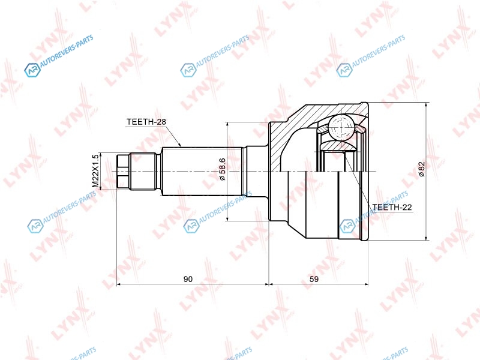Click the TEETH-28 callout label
(x=146, y=122)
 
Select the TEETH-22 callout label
(x=392, y=207)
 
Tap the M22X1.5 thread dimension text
(x=96, y=171)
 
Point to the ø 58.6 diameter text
(x=222, y=169)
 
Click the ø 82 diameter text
(x=422, y=169)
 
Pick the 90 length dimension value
(x=188, y=279)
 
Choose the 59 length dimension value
(x=314, y=279)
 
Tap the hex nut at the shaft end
(x=123, y=171)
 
